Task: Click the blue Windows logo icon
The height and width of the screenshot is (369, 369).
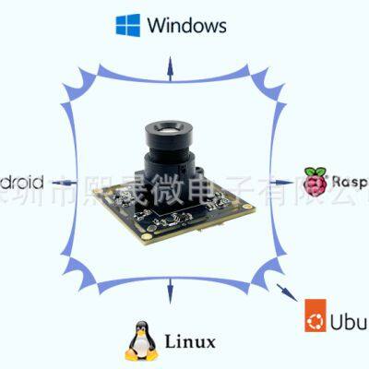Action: click(127, 25)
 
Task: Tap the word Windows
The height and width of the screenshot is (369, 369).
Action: click(185, 25)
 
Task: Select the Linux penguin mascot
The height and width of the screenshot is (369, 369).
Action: click(140, 340)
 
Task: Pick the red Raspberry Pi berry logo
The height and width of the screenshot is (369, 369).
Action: click(315, 182)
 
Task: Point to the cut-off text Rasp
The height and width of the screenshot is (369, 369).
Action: click(351, 182)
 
